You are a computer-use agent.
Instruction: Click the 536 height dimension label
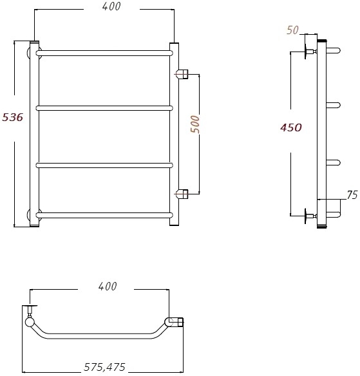coord(12,117)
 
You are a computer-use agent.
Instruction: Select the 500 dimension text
coord(195,124)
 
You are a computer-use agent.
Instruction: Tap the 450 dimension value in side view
coord(291,127)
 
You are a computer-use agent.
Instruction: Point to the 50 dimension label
coord(292,30)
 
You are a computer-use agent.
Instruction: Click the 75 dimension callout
coord(352,194)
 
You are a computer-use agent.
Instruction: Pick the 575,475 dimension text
coord(104,366)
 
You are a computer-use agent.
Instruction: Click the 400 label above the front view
coord(111,6)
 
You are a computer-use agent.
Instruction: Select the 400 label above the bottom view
coord(108,286)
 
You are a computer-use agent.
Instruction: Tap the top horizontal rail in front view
coord(104,53)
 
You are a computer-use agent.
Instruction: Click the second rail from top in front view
coord(104,108)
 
